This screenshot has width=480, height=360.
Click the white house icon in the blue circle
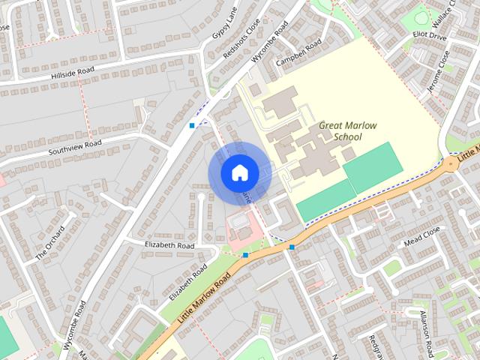(238, 172)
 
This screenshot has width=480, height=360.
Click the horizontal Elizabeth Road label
(169, 245)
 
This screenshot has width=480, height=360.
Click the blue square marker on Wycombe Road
(193, 125)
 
